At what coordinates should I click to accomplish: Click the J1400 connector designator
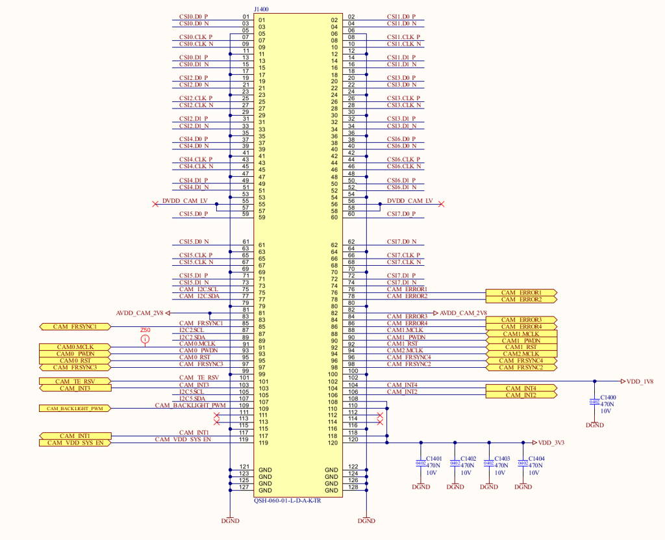pos(261,10)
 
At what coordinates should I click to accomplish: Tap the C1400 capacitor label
pos(609,396)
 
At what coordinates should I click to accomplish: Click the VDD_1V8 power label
pos(642,381)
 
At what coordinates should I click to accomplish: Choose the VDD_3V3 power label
pos(551,443)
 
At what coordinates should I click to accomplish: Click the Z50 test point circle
pos(145,339)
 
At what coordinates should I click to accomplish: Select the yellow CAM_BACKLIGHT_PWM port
pos(75,409)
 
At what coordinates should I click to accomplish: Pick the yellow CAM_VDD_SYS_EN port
pos(75,443)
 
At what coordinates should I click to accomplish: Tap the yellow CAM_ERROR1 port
pos(521,293)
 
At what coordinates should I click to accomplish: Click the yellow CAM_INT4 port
pos(521,388)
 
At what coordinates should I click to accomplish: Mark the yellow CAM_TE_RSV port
pos(75,381)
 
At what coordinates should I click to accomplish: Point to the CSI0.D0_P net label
pos(194,16)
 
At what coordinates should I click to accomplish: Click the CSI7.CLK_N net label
pos(404,262)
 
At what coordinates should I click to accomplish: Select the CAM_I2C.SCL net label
pos(199,289)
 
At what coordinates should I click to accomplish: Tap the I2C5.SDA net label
pos(192,398)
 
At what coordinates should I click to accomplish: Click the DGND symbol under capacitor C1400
pos(594,424)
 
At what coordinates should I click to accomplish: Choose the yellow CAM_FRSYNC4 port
pos(521,361)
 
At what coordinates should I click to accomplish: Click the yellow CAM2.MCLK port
pos(521,354)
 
